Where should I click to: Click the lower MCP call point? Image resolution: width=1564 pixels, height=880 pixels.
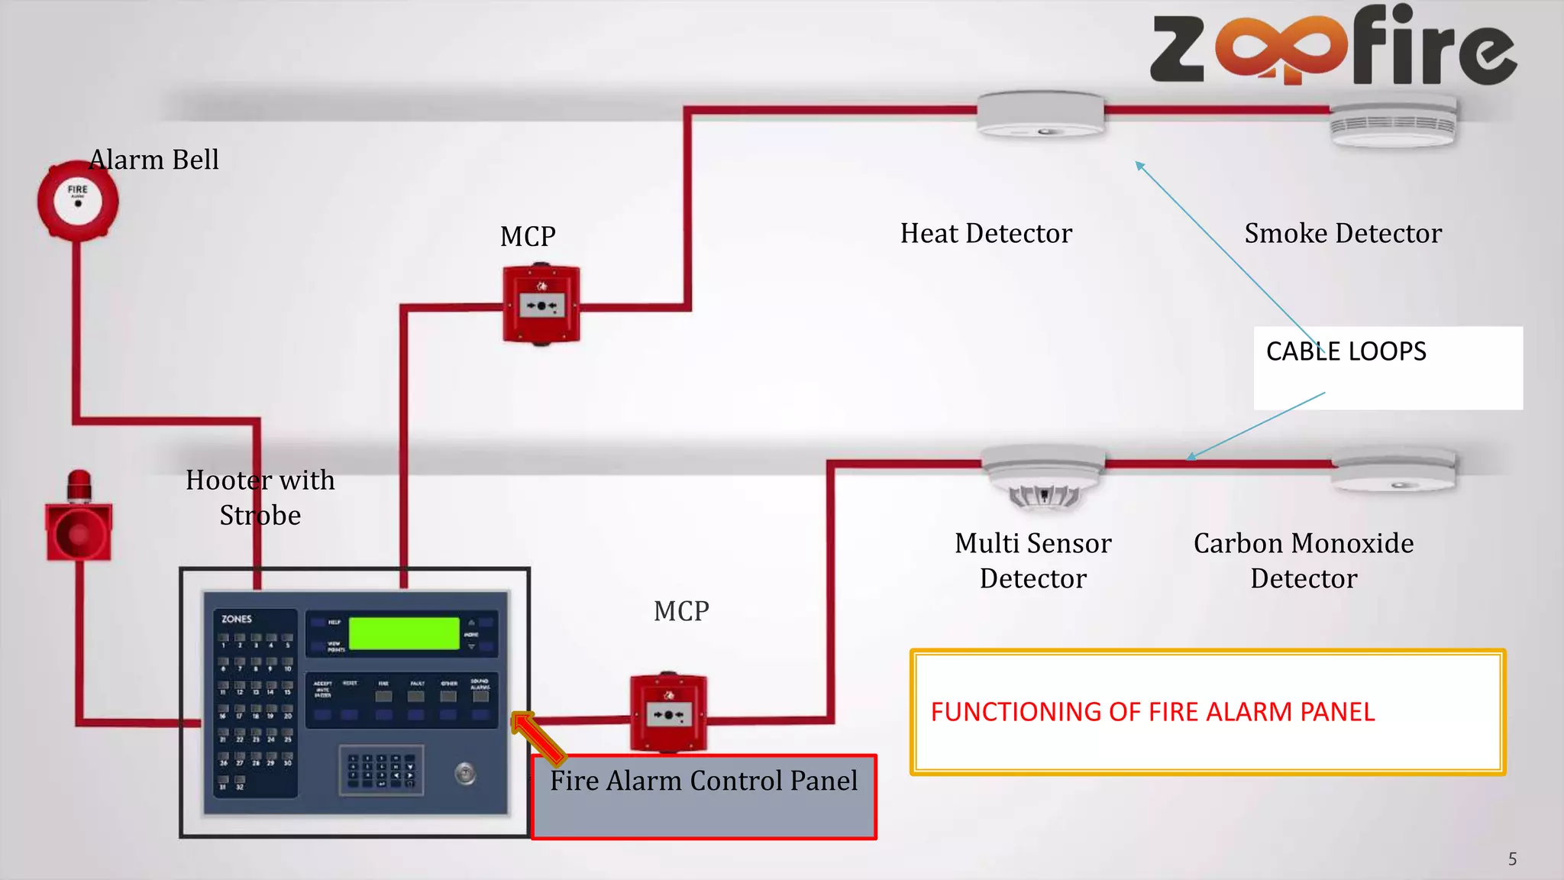click(668, 713)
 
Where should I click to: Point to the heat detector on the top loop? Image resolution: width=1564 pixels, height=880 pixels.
click(1041, 115)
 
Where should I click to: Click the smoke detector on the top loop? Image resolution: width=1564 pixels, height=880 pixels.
click(1392, 121)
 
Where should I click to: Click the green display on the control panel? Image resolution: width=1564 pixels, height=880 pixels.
click(404, 633)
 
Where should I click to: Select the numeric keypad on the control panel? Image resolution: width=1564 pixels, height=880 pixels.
click(381, 770)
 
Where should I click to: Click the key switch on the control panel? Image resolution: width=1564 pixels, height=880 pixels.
click(465, 774)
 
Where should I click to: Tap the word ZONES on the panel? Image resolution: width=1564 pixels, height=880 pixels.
click(237, 619)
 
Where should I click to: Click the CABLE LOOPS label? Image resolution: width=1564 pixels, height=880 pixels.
click(1346, 351)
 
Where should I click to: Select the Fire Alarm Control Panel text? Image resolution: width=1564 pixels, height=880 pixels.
click(703, 781)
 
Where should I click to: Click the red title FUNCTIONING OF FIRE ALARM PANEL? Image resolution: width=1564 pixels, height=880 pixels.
click(1152, 712)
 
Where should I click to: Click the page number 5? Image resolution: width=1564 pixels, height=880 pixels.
click(1512, 859)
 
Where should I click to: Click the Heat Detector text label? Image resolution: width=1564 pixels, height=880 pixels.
click(986, 233)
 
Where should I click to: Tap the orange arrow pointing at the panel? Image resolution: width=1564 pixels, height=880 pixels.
click(538, 738)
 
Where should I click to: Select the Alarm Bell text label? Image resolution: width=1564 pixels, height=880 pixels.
click(154, 160)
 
